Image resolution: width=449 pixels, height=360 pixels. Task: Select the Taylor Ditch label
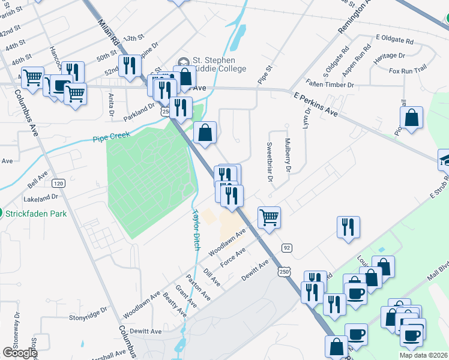pos(195,229)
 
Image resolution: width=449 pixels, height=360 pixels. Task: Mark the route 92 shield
pos(287,247)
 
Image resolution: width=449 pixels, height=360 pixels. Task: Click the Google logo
pos(19,352)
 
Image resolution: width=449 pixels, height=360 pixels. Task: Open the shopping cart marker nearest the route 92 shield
pos(269,217)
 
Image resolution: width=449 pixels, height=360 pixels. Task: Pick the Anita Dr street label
pos(111,104)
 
